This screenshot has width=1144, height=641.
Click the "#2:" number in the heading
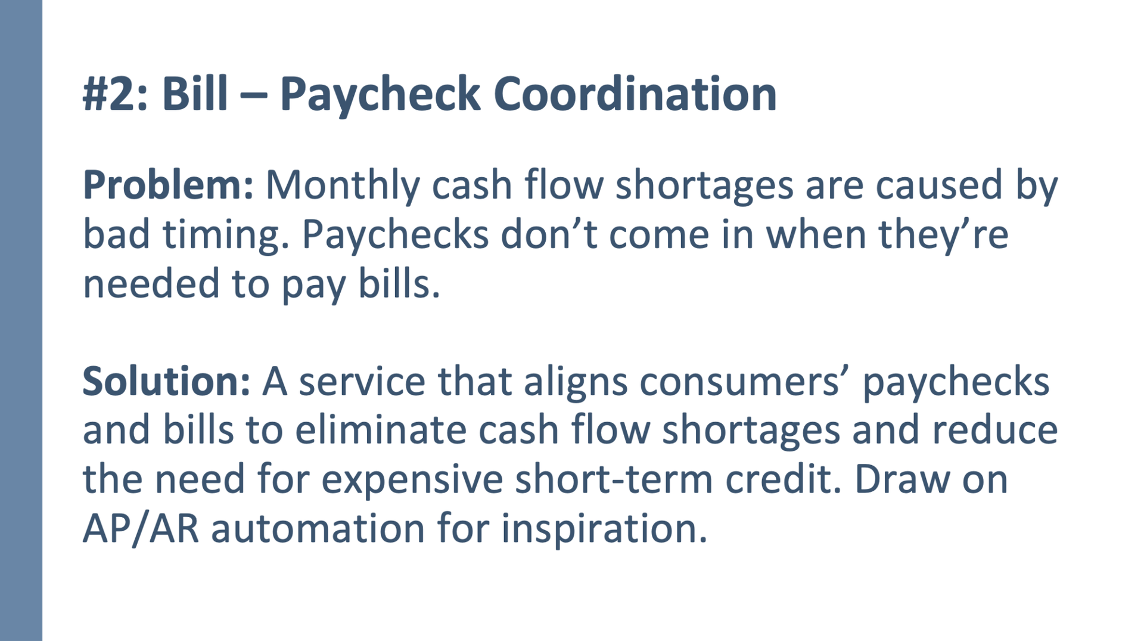[114, 94]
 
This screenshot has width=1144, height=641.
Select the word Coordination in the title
[635, 94]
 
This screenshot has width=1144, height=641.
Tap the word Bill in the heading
[195, 93]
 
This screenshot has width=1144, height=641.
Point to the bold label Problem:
[168, 185]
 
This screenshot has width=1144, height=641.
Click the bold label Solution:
[166, 382]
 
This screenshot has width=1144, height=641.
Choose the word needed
[151, 283]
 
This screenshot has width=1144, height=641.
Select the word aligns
[576, 384]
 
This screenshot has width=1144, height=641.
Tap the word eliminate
[380, 431]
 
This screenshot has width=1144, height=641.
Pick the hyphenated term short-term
[614, 479]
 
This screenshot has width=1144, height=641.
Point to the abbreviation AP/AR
[141, 529]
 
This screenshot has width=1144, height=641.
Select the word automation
[318, 529]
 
